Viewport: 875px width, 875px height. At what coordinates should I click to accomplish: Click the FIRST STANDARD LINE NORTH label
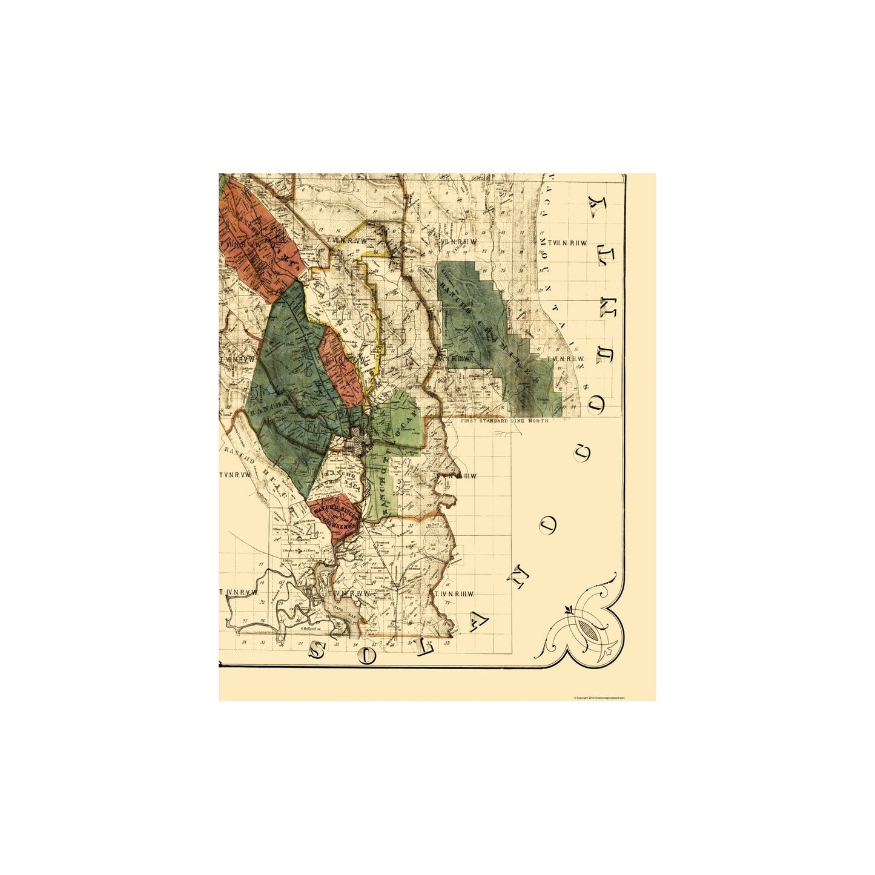click(504, 420)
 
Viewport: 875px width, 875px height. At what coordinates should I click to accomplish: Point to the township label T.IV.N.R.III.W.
click(453, 595)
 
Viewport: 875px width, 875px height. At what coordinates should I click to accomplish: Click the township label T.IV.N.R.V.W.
click(239, 592)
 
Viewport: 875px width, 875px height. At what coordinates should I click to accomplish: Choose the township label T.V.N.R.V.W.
click(235, 475)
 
